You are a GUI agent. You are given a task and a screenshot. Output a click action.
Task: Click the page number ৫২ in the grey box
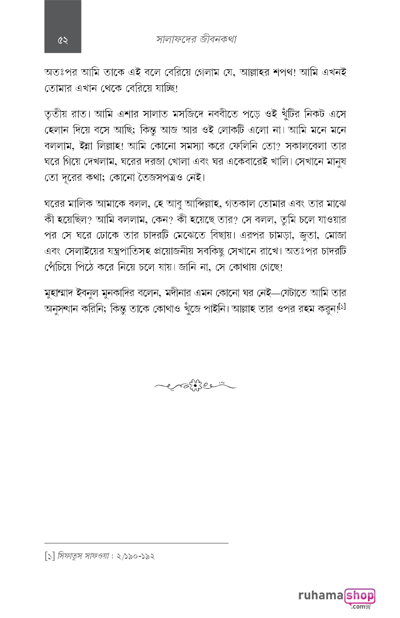click(63, 40)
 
